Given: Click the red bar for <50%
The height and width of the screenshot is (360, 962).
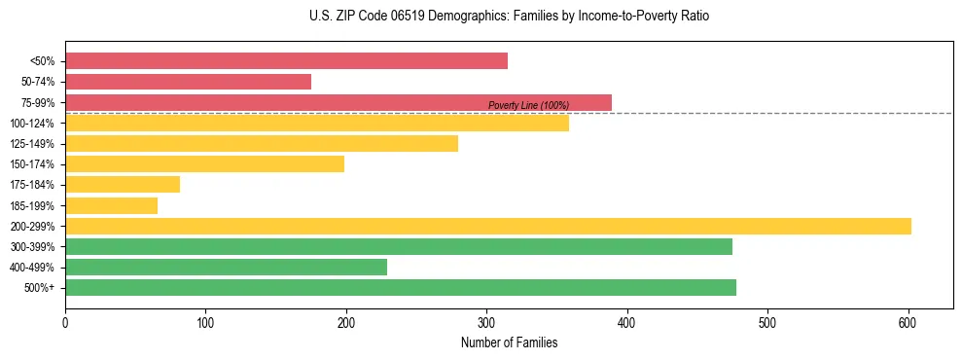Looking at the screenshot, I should (286, 61).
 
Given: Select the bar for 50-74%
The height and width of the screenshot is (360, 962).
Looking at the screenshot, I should (188, 82).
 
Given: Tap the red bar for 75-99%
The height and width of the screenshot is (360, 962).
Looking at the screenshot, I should (338, 102).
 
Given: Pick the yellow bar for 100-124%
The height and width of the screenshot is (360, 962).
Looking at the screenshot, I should (316, 124).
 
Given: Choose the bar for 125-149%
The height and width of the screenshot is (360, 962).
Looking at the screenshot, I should (261, 144).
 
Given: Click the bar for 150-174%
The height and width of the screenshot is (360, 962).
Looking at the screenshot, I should (204, 164).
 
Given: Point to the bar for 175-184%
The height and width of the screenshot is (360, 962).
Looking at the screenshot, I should (123, 185).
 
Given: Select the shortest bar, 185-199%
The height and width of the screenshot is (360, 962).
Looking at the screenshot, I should (111, 205).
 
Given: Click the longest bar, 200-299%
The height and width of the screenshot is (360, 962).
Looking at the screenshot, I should (487, 227).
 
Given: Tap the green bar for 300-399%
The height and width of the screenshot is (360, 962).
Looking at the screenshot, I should (398, 247).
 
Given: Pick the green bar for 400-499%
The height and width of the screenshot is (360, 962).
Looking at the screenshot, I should (226, 268).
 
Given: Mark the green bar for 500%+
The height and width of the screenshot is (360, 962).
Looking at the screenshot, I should (400, 288).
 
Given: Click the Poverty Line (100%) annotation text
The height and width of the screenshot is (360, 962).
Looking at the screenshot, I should (528, 105).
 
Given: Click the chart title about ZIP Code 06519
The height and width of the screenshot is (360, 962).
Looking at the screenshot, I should (509, 17).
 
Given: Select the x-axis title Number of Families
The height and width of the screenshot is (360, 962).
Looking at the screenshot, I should (509, 342).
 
